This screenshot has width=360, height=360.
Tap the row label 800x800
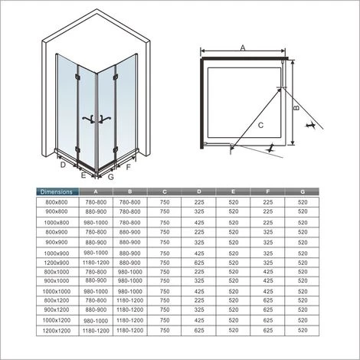coord(54,202)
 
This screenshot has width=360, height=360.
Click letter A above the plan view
coord(243,47)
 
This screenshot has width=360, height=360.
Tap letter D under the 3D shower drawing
coord(61,163)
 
